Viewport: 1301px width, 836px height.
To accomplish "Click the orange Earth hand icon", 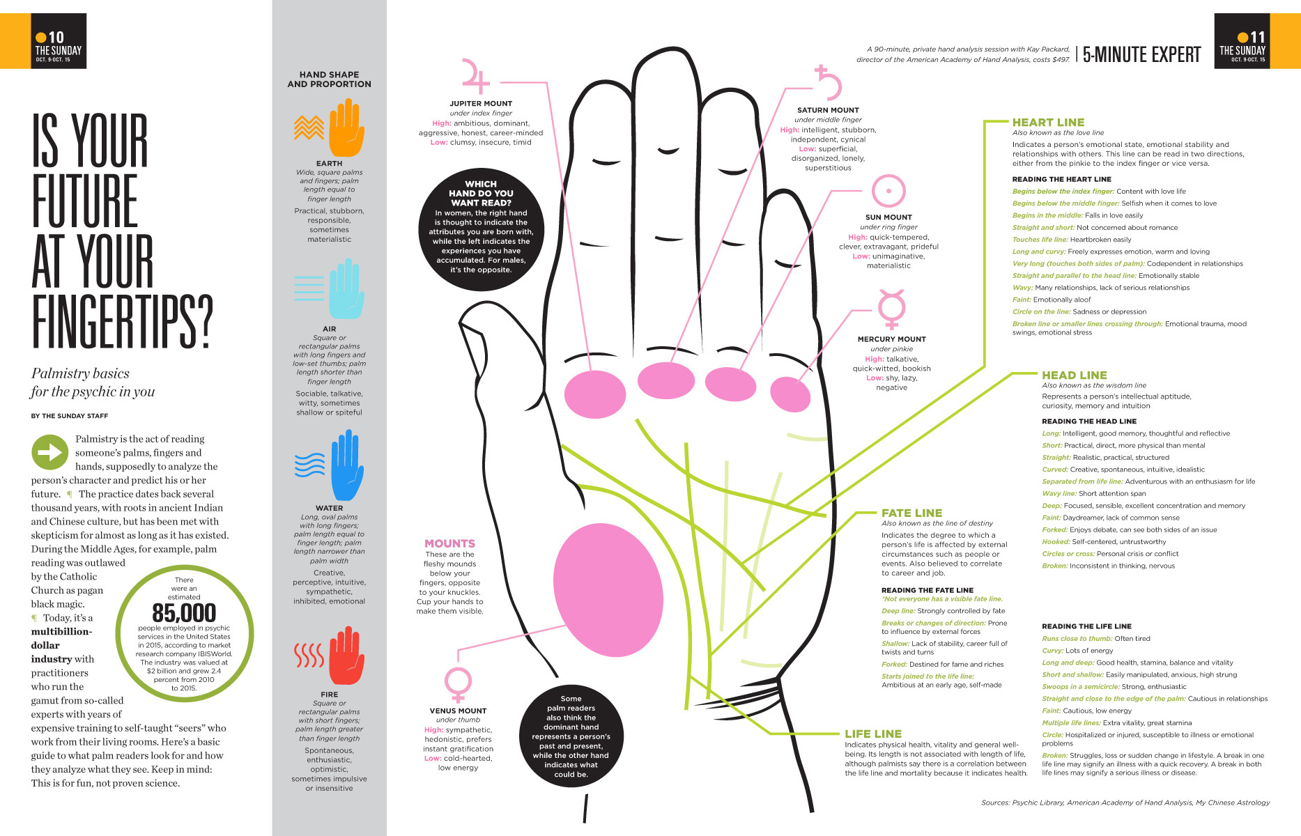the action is point(346,128).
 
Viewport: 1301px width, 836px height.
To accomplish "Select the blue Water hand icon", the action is point(346,465).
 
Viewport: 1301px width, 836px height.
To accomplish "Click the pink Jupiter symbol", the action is point(475,77).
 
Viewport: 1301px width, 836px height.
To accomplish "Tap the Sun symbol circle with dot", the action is point(888,191).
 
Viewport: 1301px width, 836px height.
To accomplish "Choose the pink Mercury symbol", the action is point(891,309).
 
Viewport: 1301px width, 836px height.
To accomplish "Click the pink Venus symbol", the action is point(458,684).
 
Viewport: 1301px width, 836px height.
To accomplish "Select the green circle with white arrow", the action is point(49,453).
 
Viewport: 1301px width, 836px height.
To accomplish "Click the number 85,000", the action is point(184,613).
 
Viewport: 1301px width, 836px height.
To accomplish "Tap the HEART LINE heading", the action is point(1048,123).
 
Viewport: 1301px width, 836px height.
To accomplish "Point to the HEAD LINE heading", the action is point(1074,376).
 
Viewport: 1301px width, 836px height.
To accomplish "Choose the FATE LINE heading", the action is point(911,513).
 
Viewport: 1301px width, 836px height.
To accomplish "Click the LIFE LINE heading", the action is point(873,734).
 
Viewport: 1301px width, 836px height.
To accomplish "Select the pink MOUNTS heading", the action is point(449,543).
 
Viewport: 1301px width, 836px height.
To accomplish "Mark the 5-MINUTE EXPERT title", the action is point(1141,54).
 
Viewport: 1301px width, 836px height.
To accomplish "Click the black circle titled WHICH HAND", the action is point(481,230).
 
